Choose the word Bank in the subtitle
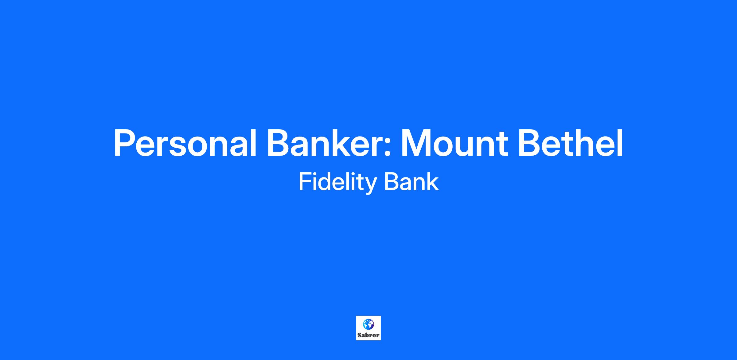coord(411,182)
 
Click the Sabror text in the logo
coord(368,335)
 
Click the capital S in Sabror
coord(359,335)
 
